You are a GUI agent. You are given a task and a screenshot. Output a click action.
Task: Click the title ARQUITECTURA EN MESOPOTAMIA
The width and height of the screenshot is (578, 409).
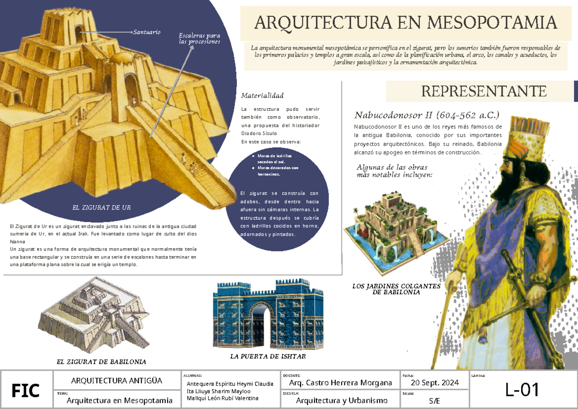tap(406, 22)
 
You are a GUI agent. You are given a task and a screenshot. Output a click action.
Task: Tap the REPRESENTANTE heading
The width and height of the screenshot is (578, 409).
tap(484, 91)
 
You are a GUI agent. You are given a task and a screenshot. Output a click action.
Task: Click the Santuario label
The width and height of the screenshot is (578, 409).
tap(147, 32)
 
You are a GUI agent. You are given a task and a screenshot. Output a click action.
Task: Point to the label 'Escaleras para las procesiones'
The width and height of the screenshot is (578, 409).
tap(199, 39)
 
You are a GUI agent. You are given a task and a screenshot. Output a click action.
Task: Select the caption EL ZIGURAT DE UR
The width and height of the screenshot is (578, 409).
tap(101, 208)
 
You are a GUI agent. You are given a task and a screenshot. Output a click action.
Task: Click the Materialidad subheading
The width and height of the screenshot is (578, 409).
tap(263, 95)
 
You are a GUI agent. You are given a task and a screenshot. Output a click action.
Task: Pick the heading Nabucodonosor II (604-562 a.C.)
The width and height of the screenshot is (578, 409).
tap(427, 115)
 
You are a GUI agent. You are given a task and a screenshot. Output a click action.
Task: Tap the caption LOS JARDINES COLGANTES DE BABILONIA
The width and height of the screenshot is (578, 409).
tap(396, 289)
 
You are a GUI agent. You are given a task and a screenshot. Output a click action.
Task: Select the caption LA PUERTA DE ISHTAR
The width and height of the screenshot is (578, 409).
tap(268, 357)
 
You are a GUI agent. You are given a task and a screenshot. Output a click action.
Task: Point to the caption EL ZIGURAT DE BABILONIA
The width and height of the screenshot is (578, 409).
tap(101, 361)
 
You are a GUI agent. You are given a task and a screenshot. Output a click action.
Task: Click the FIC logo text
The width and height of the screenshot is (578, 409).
tap(26, 390)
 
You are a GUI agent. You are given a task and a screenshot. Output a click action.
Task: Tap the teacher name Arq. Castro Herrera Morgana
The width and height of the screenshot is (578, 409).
tap(340, 383)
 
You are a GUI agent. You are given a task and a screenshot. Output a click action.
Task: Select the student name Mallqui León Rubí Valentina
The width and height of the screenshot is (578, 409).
tap(222, 398)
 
